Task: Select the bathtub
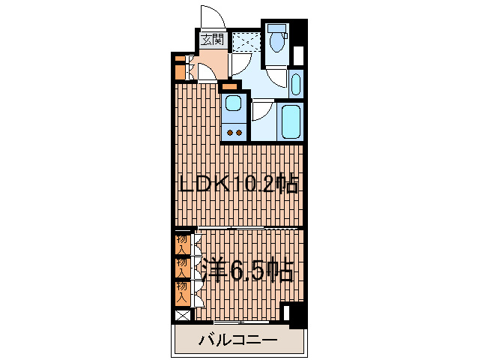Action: pyautogui.click(x=290, y=120)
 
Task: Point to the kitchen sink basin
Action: pyautogui.click(x=235, y=104)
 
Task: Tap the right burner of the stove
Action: pyautogui.click(x=240, y=133)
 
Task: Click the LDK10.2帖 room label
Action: pyautogui.click(x=238, y=183)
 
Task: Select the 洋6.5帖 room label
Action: pyautogui.click(x=245, y=269)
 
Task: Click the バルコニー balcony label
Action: pyautogui.click(x=238, y=341)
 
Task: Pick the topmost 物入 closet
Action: pyautogui.click(x=181, y=242)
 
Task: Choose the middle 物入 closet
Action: pyautogui.click(x=181, y=267)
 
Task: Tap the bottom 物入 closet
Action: pyautogui.click(x=181, y=292)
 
